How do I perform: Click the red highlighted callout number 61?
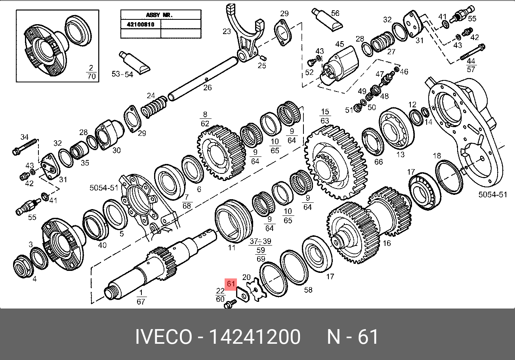(x=231, y=284)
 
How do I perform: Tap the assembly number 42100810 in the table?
(x=141, y=25)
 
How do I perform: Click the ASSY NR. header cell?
(x=159, y=15)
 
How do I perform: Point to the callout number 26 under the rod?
(x=207, y=88)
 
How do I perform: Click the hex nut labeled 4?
(x=23, y=266)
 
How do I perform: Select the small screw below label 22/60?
(x=230, y=304)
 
